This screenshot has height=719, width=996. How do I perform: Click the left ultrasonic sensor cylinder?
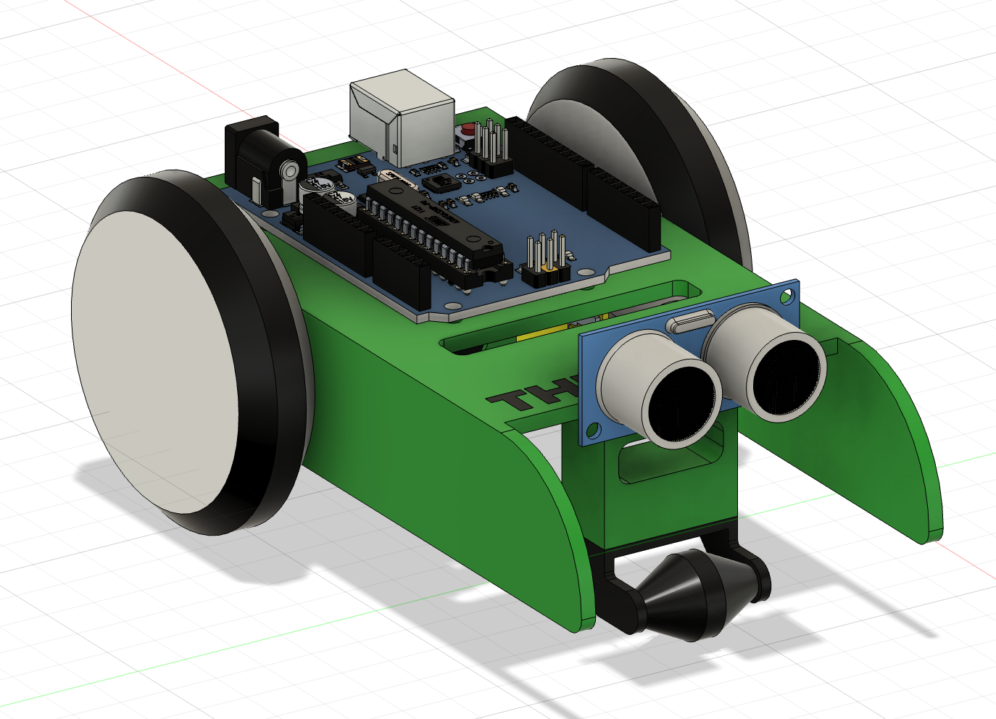(663, 391)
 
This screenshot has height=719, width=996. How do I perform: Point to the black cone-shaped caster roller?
(689, 594)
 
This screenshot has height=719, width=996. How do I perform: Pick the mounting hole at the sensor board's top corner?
(787, 295)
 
